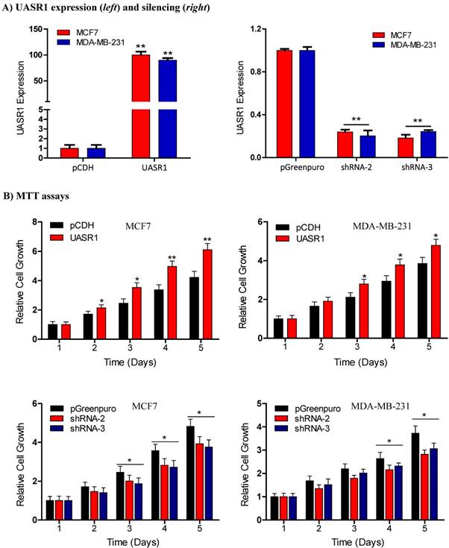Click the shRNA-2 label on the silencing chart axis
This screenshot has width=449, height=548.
(x=355, y=168)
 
